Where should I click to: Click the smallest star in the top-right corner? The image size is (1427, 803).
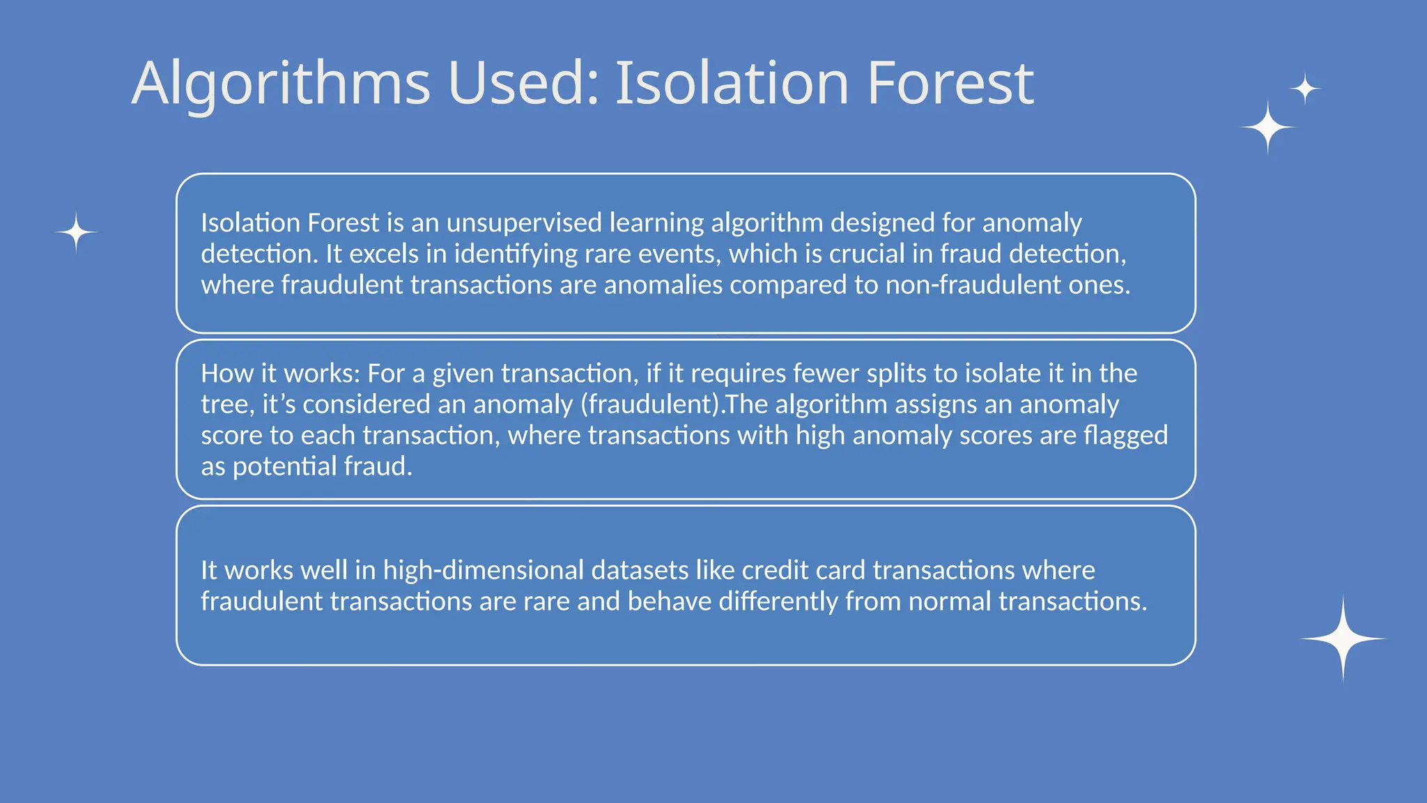[1304, 89]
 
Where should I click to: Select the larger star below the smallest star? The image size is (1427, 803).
[1268, 127]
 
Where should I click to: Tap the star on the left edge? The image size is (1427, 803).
[76, 231]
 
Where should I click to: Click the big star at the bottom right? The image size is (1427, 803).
[1343, 638]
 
